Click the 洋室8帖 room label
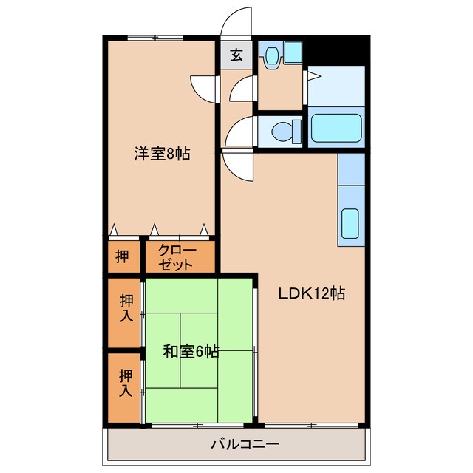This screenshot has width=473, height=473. (163, 154)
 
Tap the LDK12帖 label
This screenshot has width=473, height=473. (312, 293)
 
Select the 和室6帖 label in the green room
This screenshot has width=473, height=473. (191, 352)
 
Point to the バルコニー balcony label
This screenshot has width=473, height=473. (245, 444)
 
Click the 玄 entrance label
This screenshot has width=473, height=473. (236, 55)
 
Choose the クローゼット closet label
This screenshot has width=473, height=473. (177, 257)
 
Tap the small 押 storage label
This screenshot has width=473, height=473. (123, 256)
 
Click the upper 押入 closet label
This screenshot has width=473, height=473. (126, 308)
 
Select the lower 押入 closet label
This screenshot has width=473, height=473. (126, 383)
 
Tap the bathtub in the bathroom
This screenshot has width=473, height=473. (336, 128)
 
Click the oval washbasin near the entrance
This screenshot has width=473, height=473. (272, 55)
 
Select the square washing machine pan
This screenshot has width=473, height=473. (293, 52)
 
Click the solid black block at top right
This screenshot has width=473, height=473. (337, 50)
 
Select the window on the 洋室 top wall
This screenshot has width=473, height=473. (155, 38)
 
